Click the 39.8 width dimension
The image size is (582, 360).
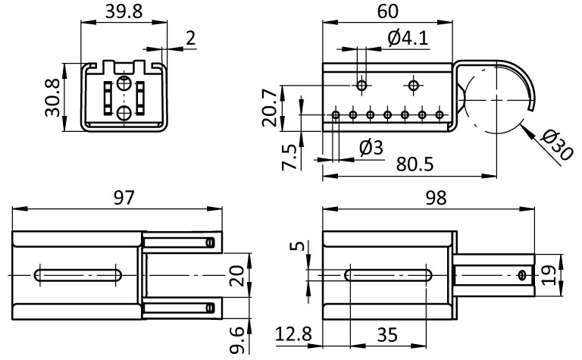(125, 12)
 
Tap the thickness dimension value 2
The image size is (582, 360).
(189, 37)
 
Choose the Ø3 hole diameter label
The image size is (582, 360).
(371, 147)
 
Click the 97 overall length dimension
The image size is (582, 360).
(124, 198)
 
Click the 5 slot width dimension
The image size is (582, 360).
(299, 248)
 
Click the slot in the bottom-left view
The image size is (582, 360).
(78, 274)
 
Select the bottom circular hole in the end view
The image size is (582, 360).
(124, 114)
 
